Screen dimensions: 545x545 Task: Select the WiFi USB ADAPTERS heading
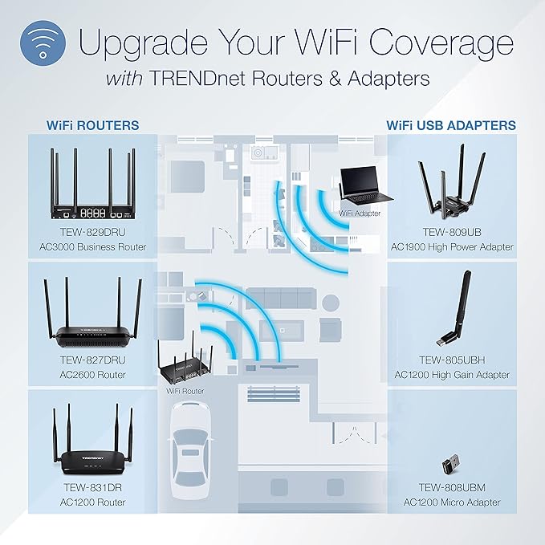click(x=451, y=125)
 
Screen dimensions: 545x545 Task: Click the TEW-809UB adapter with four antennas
click(x=453, y=187)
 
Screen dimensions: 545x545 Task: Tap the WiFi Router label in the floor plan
click(x=185, y=391)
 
